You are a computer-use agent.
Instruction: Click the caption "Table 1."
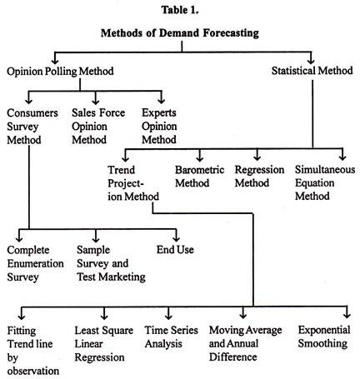pyautogui.click(x=180, y=10)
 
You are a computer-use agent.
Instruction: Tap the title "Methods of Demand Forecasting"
pyautogui.click(x=180, y=33)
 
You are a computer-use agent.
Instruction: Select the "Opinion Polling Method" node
pyautogui.click(x=60, y=72)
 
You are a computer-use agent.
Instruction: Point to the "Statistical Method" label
pyautogui.click(x=312, y=71)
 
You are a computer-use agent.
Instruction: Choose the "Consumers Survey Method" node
pyautogui.click(x=32, y=127)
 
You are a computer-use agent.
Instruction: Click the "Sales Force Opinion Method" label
pyautogui.click(x=98, y=126)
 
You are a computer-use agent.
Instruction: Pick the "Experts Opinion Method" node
pyautogui.click(x=159, y=126)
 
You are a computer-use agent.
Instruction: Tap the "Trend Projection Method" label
pyautogui.click(x=133, y=183)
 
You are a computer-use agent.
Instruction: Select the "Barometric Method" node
pyautogui.click(x=200, y=177)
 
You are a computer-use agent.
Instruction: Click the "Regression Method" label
pyautogui.click(x=259, y=177)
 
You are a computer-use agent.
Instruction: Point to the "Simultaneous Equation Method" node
pyautogui.click(x=325, y=182)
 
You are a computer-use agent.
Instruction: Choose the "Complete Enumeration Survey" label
pyautogui.click(x=35, y=263)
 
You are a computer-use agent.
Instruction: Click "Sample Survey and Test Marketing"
pyautogui.click(x=111, y=263)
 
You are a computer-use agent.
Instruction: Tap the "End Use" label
pyautogui.click(x=175, y=250)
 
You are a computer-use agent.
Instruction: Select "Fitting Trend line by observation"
pyautogui.click(x=33, y=351)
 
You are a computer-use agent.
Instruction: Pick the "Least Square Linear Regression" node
pyautogui.click(x=104, y=344)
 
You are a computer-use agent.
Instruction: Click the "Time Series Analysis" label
pyautogui.click(x=172, y=337)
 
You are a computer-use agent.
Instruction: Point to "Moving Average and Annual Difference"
pyautogui.click(x=246, y=343)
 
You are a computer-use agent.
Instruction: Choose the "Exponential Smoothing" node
pyautogui.click(x=324, y=337)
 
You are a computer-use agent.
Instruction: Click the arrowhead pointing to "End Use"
pyautogui.click(x=176, y=238)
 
